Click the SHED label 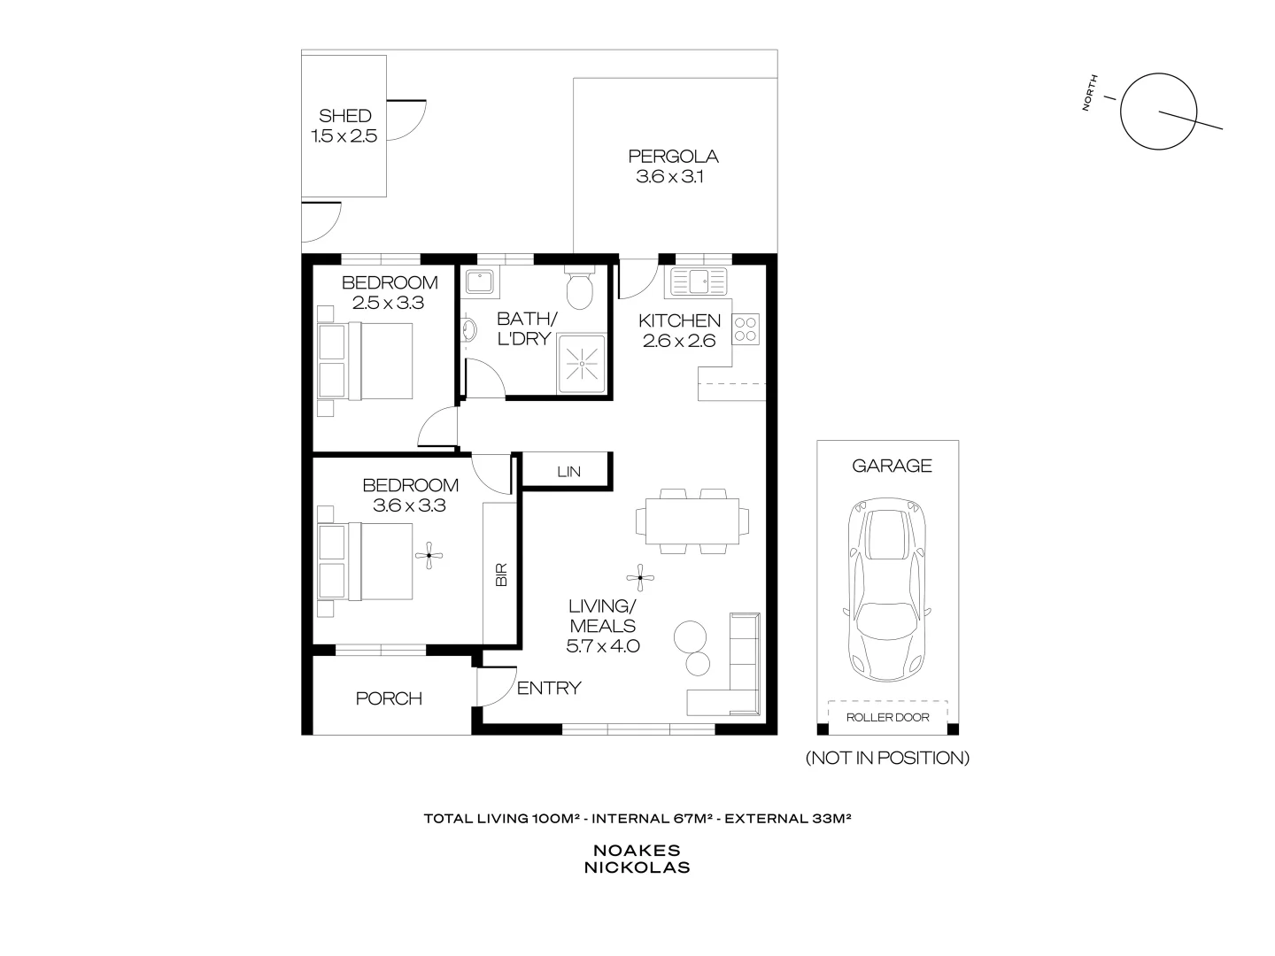coord(344,116)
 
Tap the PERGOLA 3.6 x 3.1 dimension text coord(673,177)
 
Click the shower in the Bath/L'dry coord(581,363)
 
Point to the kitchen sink coord(699,282)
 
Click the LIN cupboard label coord(568,472)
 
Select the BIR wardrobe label coord(501,575)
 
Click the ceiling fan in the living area coord(640,579)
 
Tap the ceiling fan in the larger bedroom coord(430,556)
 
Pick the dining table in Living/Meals coord(692,522)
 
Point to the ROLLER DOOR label coord(887,717)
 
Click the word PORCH coord(389,698)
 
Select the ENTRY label coord(549,688)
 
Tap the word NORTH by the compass coord(1092,92)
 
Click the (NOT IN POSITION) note coord(887,758)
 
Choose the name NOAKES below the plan coord(637,850)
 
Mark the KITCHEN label coord(680,320)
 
